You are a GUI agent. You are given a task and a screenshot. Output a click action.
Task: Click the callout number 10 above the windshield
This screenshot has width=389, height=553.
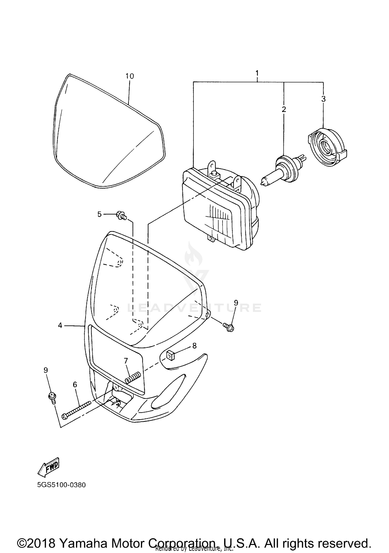pos(130,76)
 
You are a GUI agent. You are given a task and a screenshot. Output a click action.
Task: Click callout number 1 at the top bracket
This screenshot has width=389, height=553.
pos(257,73)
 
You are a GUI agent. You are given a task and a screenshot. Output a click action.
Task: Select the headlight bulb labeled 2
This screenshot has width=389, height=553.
pos(283,171)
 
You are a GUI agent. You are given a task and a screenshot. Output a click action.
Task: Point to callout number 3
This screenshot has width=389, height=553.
pos(323,99)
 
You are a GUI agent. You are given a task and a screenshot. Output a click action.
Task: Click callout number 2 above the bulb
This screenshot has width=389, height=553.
pos(284,109)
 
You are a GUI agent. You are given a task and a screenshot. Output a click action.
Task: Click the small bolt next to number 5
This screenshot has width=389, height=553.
pos(121,215)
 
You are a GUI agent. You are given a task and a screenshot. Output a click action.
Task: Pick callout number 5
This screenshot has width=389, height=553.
pos(99,214)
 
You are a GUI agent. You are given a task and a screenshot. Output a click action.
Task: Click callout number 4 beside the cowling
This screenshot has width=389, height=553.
pos(60,325)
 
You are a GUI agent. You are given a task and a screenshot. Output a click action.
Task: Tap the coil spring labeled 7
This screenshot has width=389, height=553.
pos(133,378)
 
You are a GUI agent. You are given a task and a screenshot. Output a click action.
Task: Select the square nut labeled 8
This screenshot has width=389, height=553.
pos(170,356)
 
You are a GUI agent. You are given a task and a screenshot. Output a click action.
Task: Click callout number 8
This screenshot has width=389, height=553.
pos(194,346)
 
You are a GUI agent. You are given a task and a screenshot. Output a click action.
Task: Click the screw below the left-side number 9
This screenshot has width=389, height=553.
pos(53,397)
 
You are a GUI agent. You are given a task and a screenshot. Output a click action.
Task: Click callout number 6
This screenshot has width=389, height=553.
pos(75,385)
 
